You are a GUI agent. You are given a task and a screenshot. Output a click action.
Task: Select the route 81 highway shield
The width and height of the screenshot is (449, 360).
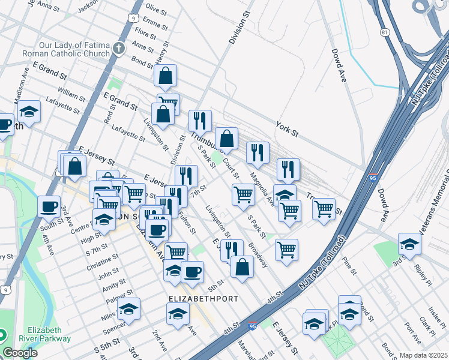click(x=385, y=32)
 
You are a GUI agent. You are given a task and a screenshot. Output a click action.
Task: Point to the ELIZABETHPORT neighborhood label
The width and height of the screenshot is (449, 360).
click(x=203, y=299)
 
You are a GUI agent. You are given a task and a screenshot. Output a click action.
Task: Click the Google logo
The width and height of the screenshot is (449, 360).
click(x=20, y=353)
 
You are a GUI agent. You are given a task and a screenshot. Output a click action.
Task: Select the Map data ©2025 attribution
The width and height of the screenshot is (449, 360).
click(x=423, y=355)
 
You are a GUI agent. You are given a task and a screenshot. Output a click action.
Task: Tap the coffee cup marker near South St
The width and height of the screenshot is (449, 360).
click(x=49, y=207)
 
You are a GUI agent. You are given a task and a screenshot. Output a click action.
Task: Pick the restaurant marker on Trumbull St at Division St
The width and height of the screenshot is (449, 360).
click(x=200, y=121)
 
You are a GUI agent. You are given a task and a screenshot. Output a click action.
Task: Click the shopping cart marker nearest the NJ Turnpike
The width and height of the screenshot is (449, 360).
click(x=324, y=209)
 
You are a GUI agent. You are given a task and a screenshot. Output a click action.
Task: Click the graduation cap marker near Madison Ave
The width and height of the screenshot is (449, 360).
click(x=28, y=112)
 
